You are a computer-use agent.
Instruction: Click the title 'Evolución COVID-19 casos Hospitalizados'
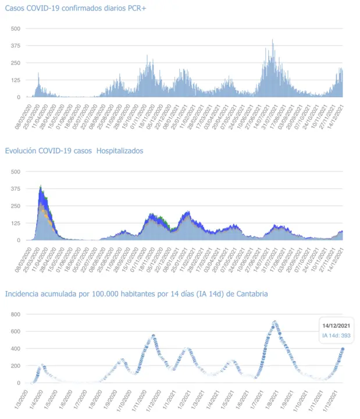74,151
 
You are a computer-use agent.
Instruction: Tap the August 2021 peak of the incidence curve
275,322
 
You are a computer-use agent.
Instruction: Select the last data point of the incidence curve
343,349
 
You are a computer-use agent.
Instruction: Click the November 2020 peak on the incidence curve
153,336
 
